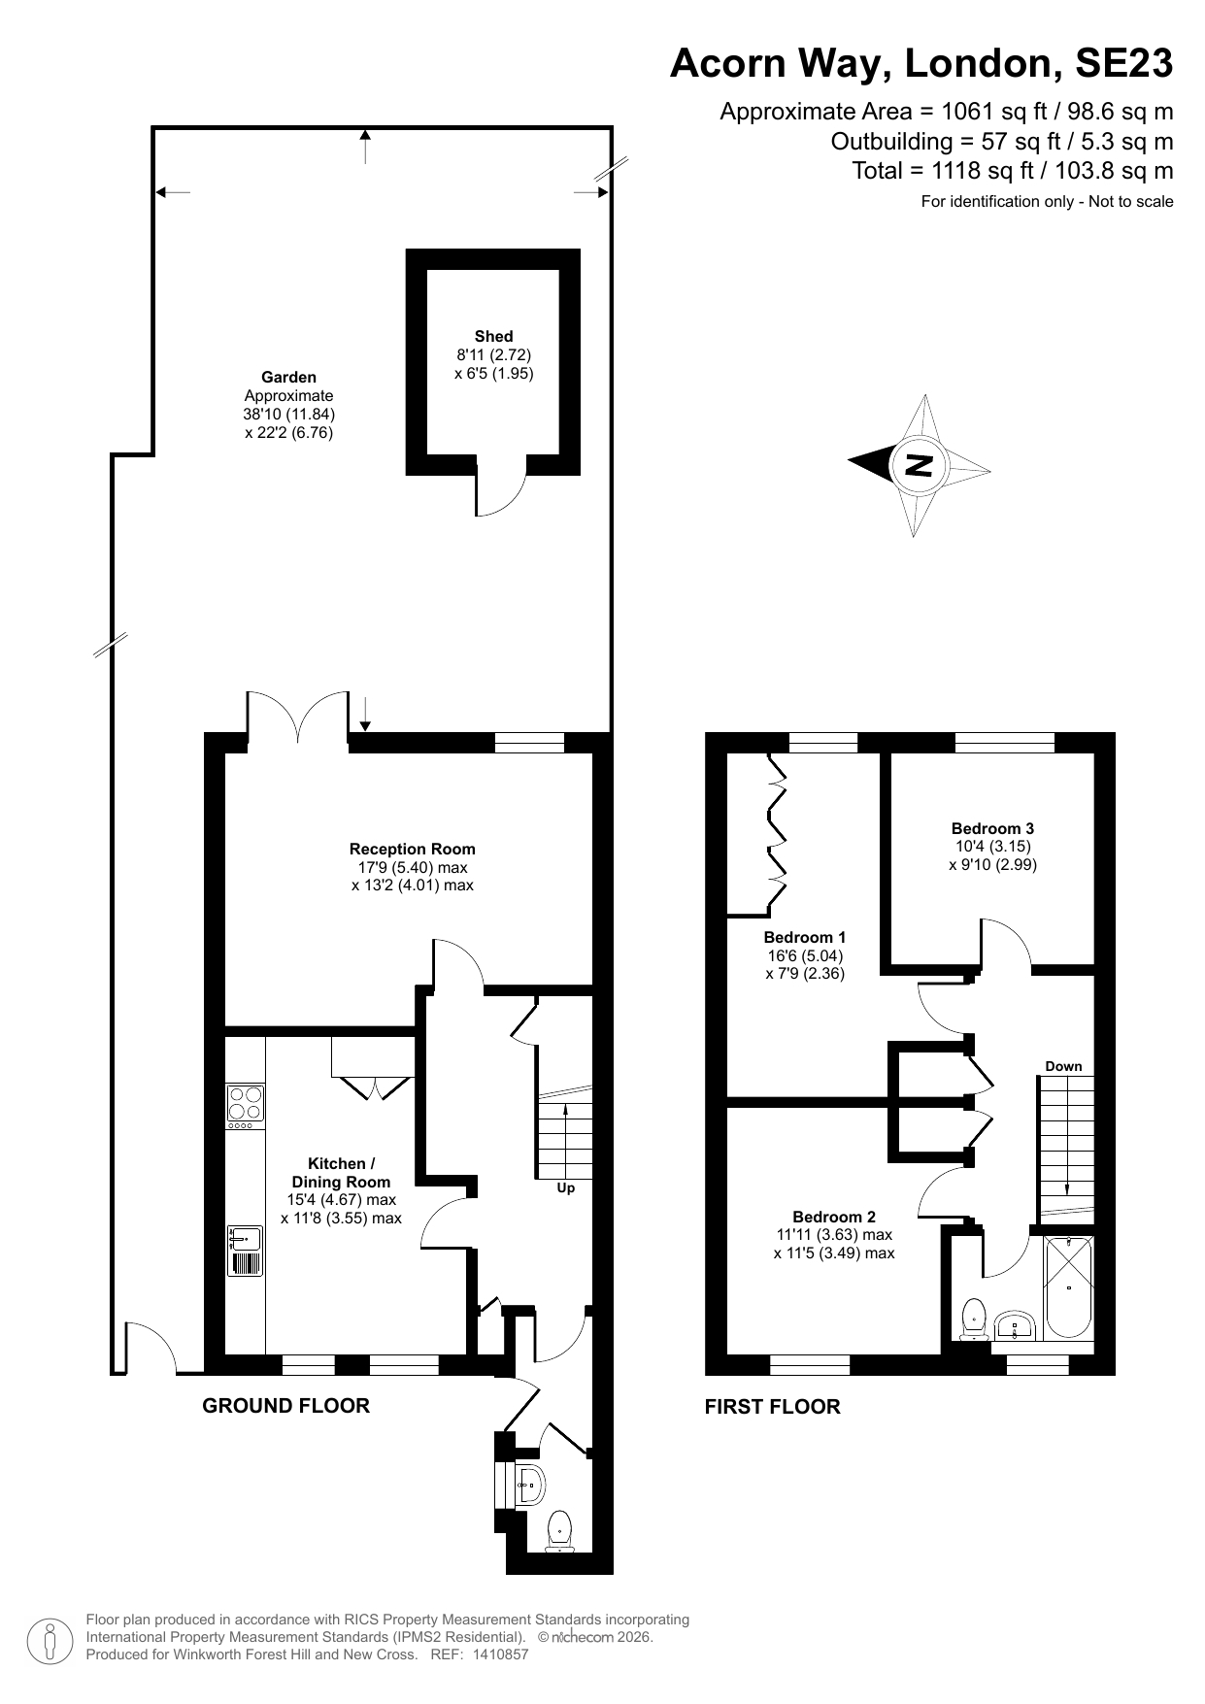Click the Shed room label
click(493, 336)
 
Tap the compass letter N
click(919, 465)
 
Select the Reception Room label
click(413, 849)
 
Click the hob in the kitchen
click(245, 1104)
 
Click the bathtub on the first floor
click(1068, 1287)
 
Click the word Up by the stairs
click(565, 1187)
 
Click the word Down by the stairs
click(1063, 1066)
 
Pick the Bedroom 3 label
click(992, 828)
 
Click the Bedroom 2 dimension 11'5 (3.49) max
click(834, 1253)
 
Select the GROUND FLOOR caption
click(285, 1405)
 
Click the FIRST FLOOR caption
click(772, 1406)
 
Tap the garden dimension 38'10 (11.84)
click(288, 414)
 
